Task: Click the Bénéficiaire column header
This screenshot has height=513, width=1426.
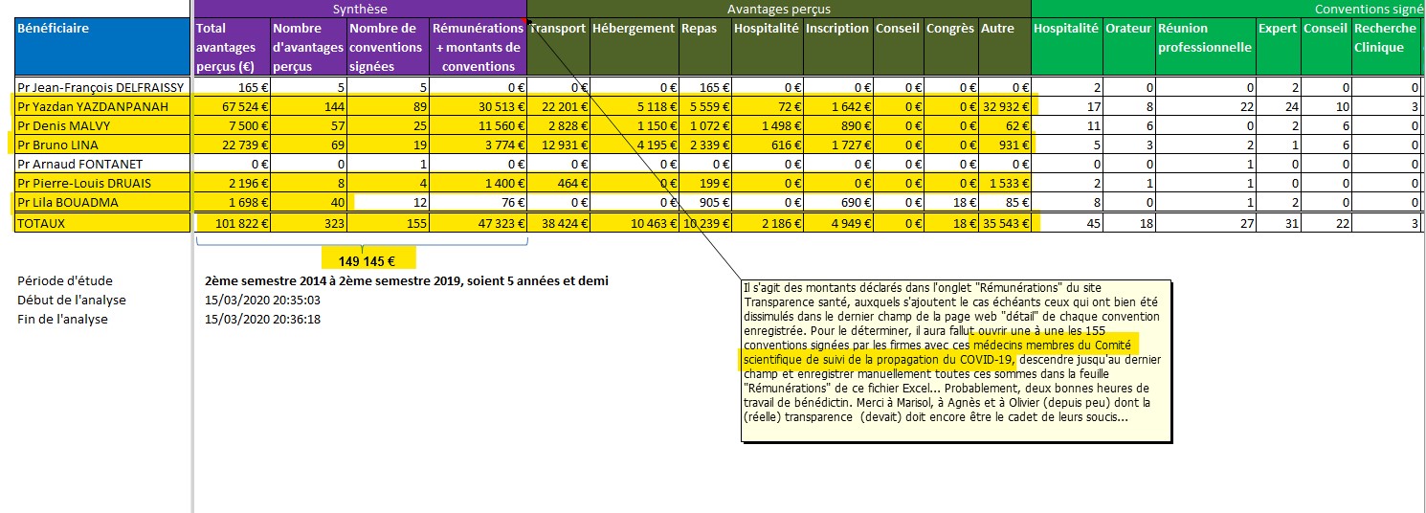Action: [x=53, y=28]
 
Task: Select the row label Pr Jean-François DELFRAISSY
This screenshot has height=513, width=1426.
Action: [x=100, y=87]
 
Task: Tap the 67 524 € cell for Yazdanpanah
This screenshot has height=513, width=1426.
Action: [x=245, y=106]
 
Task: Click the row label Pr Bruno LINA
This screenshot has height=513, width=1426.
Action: [x=57, y=145]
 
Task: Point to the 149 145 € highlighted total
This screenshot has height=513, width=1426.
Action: [x=367, y=261]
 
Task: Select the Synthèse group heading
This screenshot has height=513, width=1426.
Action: [x=360, y=9]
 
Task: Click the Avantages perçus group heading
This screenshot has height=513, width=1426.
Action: [x=779, y=9]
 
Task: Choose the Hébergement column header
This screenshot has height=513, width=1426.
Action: [x=634, y=28]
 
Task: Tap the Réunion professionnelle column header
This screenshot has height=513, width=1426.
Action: [x=1205, y=37]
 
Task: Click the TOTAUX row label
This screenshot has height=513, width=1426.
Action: [x=41, y=223]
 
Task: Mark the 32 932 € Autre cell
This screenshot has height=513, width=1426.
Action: [x=1005, y=106]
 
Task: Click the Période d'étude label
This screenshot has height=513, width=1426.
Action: [x=65, y=280]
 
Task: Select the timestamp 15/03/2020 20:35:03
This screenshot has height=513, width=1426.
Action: [x=262, y=300]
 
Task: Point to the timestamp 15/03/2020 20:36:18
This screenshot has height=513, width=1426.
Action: [x=262, y=319]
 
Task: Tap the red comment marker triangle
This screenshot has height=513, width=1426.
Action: [x=524, y=21]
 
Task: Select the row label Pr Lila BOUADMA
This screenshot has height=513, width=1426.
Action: [x=68, y=202]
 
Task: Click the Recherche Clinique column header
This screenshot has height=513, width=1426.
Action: [x=1385, y=37]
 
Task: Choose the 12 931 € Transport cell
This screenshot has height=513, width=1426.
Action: [x=564, y=145]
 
